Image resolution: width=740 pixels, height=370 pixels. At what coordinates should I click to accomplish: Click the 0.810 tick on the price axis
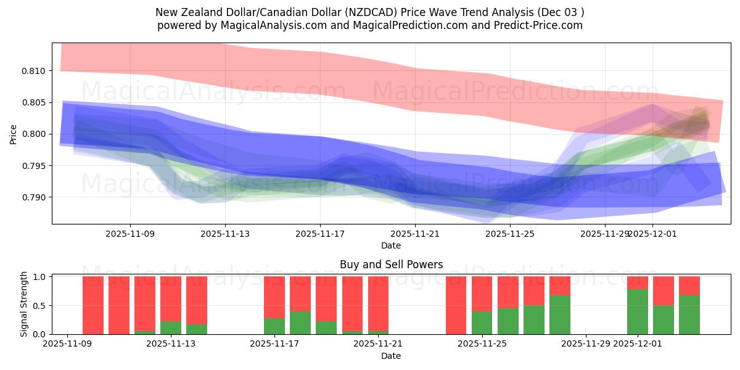(x=36, y=71)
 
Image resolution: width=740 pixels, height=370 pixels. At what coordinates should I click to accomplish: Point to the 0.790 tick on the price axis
(x=36, y=197)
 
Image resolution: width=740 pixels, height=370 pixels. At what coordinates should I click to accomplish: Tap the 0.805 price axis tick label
(x=36, y=102)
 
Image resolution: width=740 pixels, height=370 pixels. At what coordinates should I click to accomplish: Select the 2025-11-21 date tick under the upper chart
(x=415, y=234)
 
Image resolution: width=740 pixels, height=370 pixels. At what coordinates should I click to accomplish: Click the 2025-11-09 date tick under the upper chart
(x=130, y=234)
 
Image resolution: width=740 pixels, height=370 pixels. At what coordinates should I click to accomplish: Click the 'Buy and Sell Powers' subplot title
(x=391, y=265)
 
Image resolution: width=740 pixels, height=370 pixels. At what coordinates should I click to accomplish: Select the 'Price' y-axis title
(x=14, y=134)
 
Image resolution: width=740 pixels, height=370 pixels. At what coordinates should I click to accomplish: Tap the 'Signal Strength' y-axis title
(x=25, y=305)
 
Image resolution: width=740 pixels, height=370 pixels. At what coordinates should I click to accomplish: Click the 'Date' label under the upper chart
(x=391, y=245)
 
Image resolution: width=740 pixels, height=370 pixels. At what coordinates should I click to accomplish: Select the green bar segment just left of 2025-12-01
(x=637, y=311)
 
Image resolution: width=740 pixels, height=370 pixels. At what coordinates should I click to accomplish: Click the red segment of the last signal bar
(x=689, y=286)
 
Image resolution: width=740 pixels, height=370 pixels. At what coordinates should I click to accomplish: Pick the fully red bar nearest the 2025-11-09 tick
(x=93, y=305)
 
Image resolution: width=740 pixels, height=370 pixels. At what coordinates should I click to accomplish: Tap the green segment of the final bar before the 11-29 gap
(x=559, y=314)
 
